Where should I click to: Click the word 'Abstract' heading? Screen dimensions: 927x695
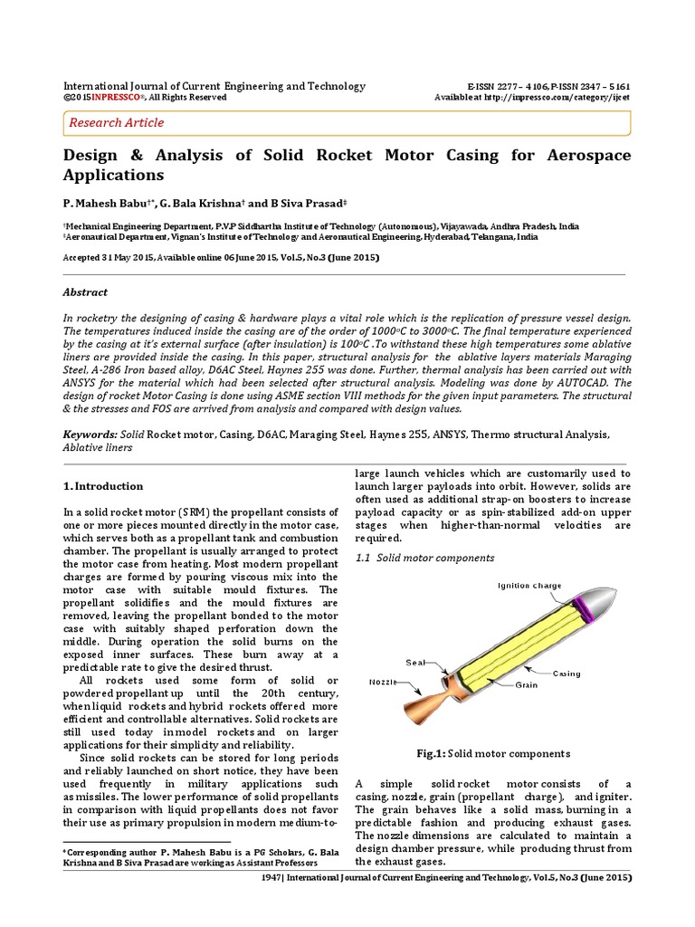point(85,292)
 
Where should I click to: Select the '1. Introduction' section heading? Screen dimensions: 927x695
point(103,486)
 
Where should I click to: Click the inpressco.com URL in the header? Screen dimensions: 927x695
point(567,98)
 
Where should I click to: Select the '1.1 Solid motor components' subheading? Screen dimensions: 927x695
point(424,558)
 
